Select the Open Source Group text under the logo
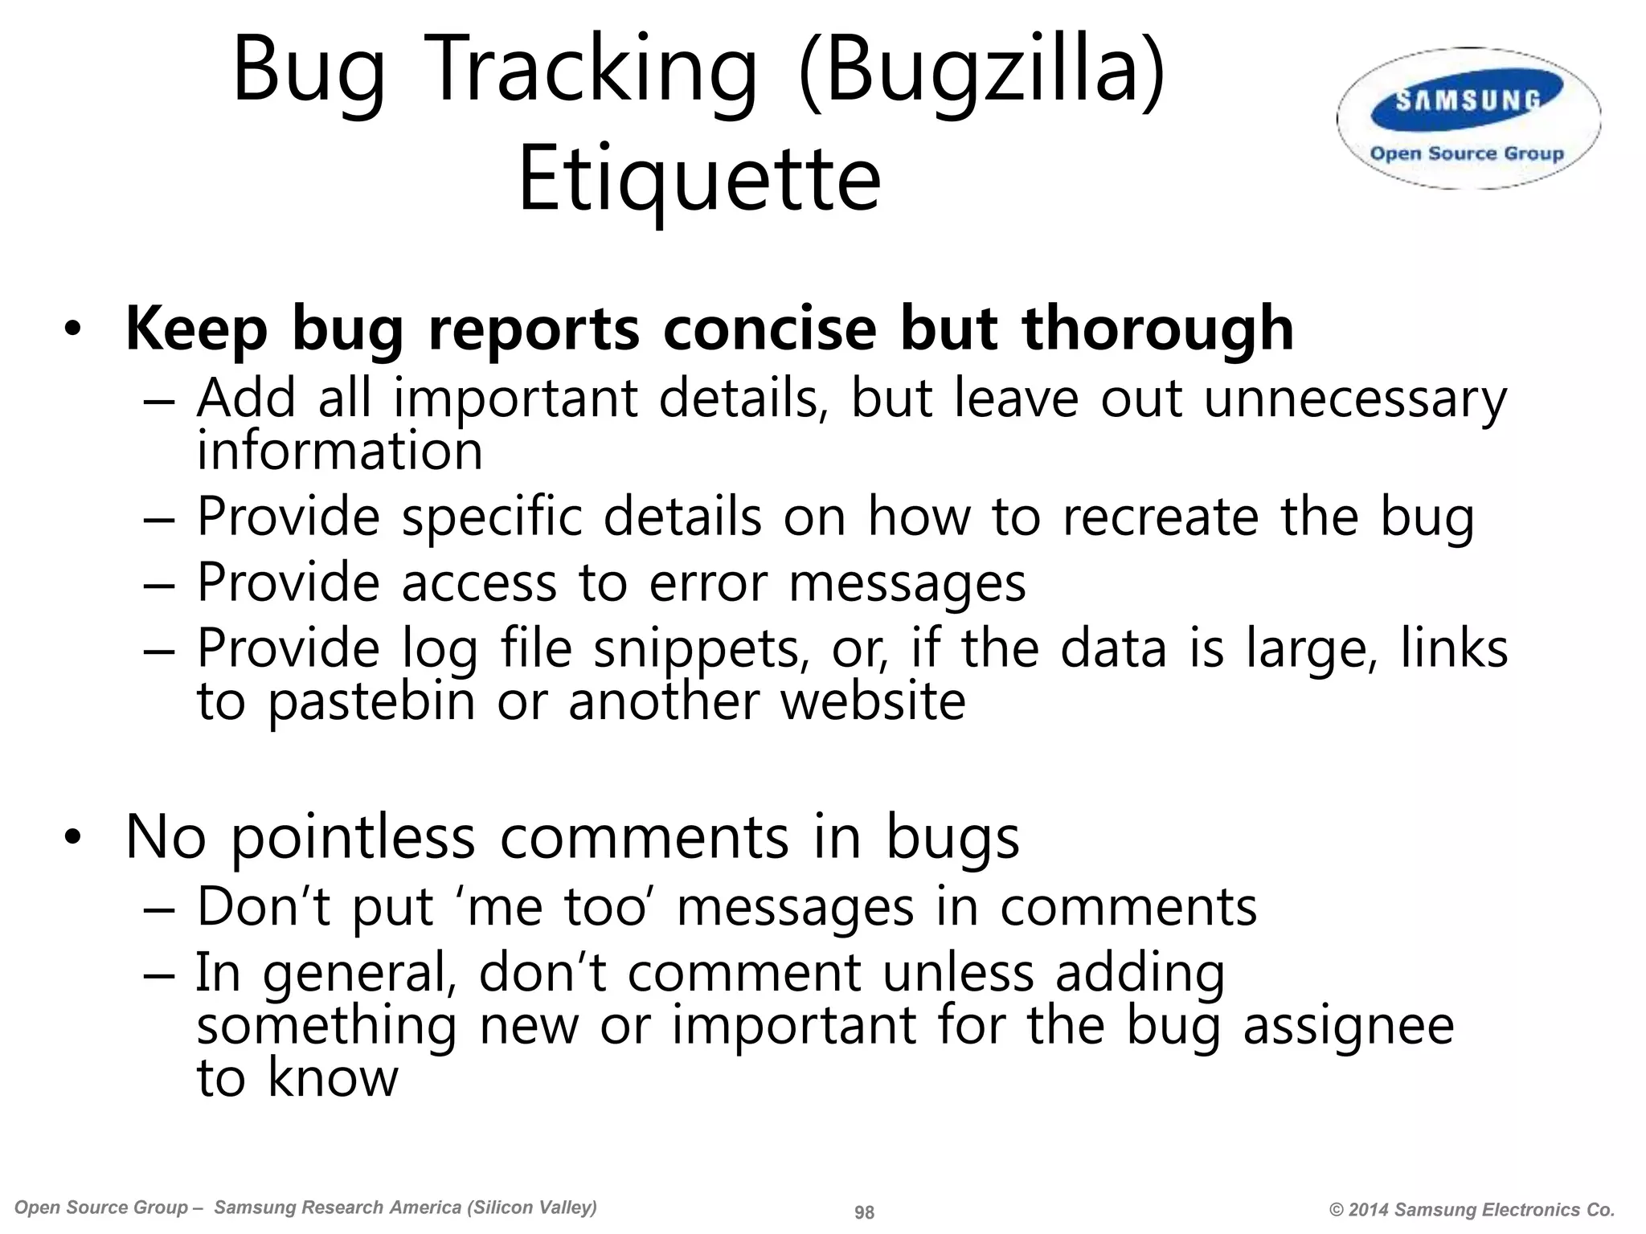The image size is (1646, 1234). pyautogui.click(x=1467, y=153)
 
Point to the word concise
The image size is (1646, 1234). pyautogui.click(x=769, y=329)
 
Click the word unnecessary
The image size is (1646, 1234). pyautogui.click(x=1355, y=399)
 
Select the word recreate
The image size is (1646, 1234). pyautogui.click(x=1161, y=517)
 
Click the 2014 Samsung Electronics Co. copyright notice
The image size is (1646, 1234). pyautogui.click(x=1472, y=1210)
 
